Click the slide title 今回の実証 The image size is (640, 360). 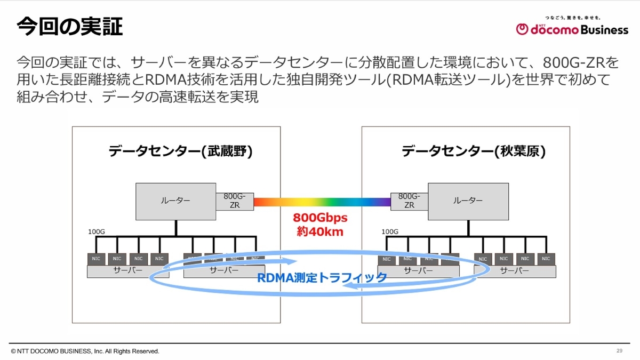pos(70,27)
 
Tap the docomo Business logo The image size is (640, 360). pos(572,28)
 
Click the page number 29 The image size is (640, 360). pos(619,350)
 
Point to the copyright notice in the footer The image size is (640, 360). pos(85,351)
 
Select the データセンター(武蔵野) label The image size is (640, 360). pos(180,151)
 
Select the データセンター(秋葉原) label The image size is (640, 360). pos(473,151)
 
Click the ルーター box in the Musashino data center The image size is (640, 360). pos(175,201)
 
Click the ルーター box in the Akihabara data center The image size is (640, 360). pos(467,201)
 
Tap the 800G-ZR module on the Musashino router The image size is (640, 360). pos(235,201)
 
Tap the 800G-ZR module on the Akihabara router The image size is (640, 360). pos(409,201)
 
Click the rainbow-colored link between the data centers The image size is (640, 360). pos(322,202)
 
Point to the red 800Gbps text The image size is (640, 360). pos(320,219)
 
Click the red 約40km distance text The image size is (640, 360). pos(320,232)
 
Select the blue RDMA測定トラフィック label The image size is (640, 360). pos(322,277)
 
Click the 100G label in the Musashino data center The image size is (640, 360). pos(96,232)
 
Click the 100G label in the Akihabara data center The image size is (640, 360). pos(390,232)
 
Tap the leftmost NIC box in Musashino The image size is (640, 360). pos(96,259)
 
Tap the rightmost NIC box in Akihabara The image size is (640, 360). pos(545,259)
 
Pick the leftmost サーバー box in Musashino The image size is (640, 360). pos(128,271)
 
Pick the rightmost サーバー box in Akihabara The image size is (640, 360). pos(515,271)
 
